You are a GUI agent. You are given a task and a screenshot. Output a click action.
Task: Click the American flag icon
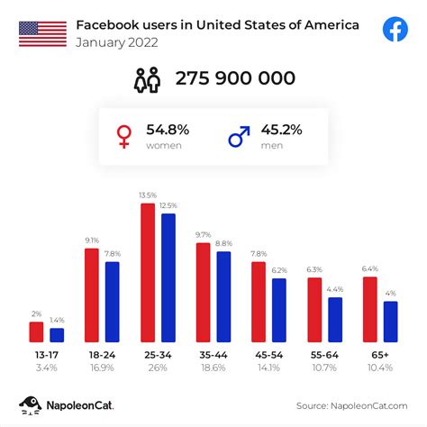pyautogui.click(x=42, y=33)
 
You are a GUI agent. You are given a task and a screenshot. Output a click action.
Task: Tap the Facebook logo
pyautogui.click(x=395, y=30)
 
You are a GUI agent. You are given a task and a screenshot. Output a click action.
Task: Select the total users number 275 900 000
pyautogui.click(x=235, y=78)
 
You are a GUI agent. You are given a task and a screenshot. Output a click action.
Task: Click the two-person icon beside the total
pyautogui.click(x=147, y=79)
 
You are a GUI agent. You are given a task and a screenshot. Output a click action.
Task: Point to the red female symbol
pyautogui.click(x=124, y=135)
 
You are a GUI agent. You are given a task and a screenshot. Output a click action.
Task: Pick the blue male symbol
pyautogui.click(x=239, y=135)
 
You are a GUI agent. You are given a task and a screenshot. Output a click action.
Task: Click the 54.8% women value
pyautogui.click(x=168, y=130)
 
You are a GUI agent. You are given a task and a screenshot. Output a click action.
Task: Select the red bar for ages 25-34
pyautogui.click(x=149, y=272)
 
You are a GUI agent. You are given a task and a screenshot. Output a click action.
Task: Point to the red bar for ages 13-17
pyautogui.click(x=36, y=332)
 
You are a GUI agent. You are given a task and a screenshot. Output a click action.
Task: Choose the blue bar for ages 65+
pyautogui.click(x=390, y=321)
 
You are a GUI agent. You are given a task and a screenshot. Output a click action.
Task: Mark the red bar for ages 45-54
pyautogui.click(x=259, y=301)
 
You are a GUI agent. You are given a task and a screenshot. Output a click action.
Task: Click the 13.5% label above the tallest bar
pyautogui.click(x=149, y=194)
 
